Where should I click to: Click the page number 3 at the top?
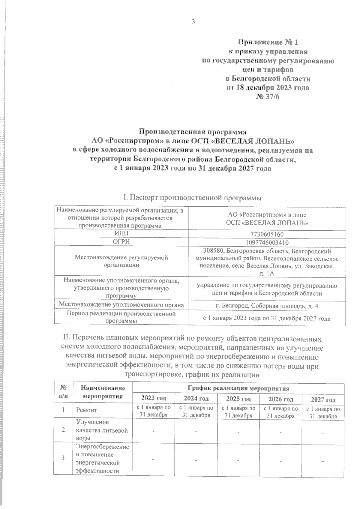coord(193,22)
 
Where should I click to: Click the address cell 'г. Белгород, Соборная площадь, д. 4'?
coord(267,306)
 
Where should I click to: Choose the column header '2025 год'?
coord(238,399)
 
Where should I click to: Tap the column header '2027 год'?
coord(323,400)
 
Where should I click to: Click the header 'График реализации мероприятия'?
coord(238,389)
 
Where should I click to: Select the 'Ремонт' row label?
coord(86,410)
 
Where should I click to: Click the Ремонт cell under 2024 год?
coord(196,412)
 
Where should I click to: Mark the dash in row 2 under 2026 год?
coord(280,432)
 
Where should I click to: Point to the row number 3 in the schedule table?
coord(63,458)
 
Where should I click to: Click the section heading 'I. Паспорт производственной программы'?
coord(192,198)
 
